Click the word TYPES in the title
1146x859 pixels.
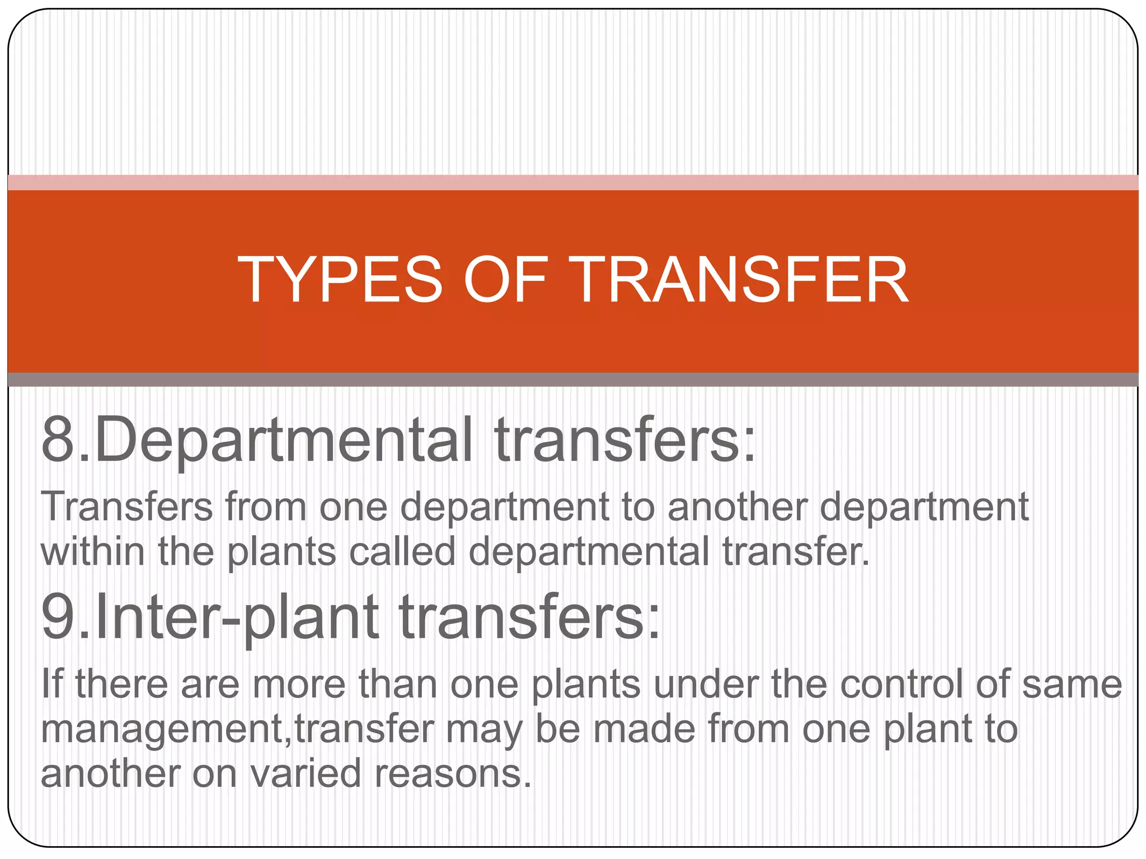pos(340,279)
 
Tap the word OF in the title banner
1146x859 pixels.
pos(504,279)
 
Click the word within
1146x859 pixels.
pos(93,551)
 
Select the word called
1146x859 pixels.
pos(402,551)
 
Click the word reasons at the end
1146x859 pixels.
pos(452,774)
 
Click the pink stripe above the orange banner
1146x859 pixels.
pos(573,182)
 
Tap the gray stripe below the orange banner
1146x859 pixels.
pos(573,380)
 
